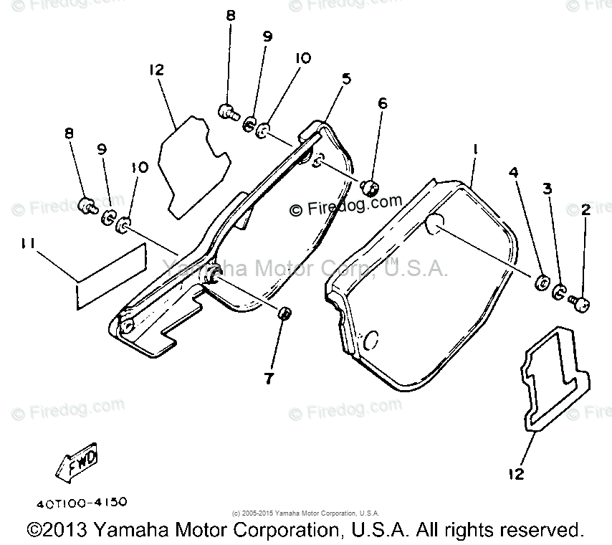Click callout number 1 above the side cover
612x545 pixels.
[474, 150]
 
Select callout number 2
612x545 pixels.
[585, 209]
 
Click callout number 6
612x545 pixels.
[383, 103]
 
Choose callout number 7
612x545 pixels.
[269, 379]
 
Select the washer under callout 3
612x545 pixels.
[560, 290]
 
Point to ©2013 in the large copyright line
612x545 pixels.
[57, 531]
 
